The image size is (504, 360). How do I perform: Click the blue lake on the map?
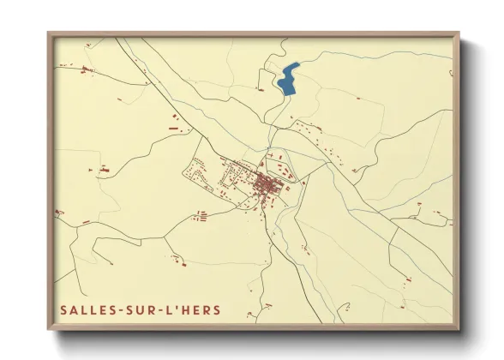coord(289,78)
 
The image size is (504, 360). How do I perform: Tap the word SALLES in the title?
coord(86,309)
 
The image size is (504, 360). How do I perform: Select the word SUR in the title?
coord(140,309)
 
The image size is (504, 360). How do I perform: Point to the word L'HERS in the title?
coord(195,309)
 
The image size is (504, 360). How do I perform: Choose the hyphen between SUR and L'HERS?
coord(161,310)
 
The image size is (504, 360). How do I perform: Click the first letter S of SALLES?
coord(64,309)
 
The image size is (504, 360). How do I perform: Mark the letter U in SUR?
coord(140,309)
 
